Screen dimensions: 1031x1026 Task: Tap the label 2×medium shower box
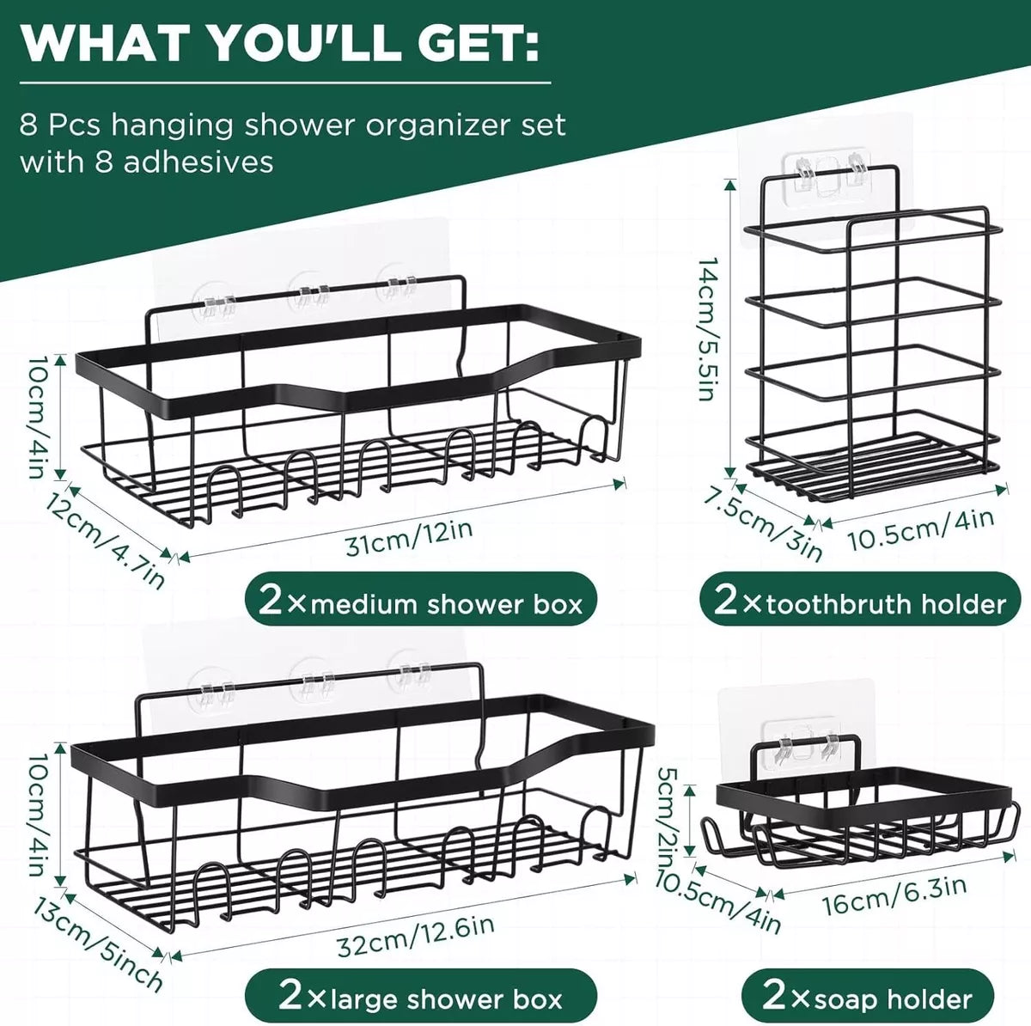click(420, 604)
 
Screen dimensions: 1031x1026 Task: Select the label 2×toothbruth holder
click(860, 603)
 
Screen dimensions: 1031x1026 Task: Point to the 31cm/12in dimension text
click(409, 539)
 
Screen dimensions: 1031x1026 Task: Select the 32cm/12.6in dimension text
click(416, 936)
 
